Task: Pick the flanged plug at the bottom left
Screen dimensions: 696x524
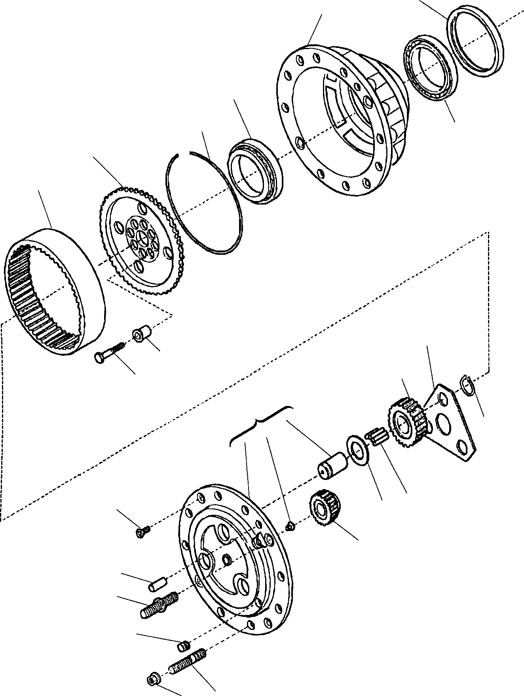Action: [152, 680]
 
